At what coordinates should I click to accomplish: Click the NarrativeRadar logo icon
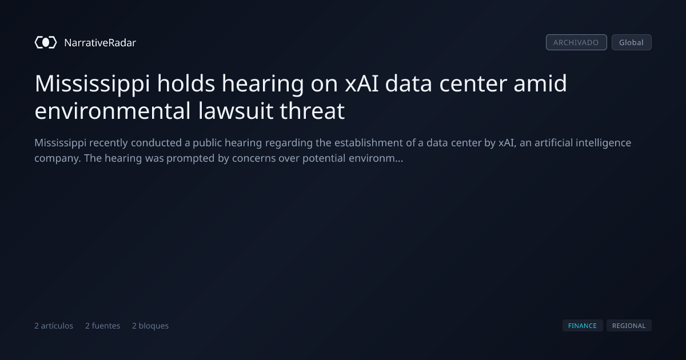tap(46, 42)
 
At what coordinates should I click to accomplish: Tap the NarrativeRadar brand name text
tap(100, 43)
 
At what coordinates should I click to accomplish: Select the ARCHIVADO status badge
tap(576, 42)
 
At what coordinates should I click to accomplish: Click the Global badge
tap(632, 42)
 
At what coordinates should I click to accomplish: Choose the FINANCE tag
tap(583, 326)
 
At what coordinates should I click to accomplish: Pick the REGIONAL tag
tap(629, 326)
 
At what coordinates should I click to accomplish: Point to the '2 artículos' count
tap(54, 326)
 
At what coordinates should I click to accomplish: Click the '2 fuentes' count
tap(102, 326)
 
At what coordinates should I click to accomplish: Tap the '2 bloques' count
tap(150, 326)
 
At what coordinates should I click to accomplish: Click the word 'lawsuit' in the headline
tap(236, 110)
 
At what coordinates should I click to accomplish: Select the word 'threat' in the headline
tap(312, 110)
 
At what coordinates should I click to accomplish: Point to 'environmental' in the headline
tap(113, 110)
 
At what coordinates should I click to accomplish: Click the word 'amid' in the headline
tap(540, 83)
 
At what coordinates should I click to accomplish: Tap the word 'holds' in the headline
tap(186, 83)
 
